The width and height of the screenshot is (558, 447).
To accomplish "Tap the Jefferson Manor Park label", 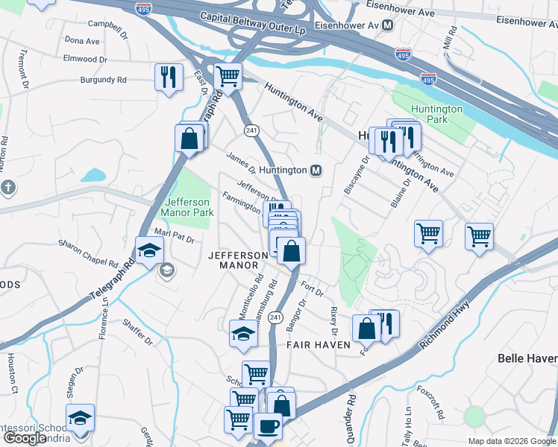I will pos(189,206).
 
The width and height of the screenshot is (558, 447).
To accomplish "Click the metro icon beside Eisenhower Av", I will pos(387,25).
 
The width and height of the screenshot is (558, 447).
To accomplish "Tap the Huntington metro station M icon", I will pos(316,171).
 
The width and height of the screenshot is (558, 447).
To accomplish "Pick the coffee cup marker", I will pos(267,426).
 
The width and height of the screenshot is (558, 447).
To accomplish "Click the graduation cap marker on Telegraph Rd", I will pos(148,250).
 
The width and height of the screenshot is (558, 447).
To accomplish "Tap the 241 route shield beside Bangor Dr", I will pos(275,317).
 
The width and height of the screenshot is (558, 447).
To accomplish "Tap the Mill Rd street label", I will pos(450,37).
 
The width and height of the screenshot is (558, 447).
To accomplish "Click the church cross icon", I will pos(8,187).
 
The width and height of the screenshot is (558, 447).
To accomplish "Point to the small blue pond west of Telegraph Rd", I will pos(93,176).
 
